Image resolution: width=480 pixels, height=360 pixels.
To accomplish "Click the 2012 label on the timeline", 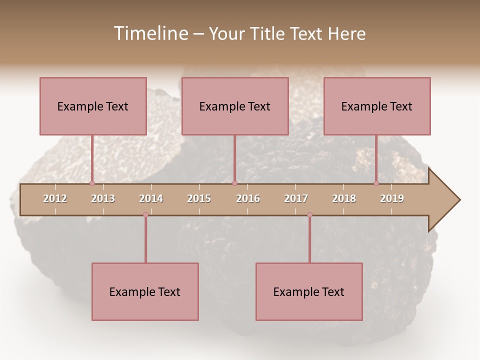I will pyautogui.click(x=55, y=198).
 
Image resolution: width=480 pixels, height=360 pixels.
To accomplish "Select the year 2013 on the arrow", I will pyautogui.click(x=103, y=198).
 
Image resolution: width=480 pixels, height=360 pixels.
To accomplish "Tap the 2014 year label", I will pyautogui.click(x=151, y=198).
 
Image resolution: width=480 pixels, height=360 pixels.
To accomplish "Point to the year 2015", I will pyautogui.click(x=199, y=198).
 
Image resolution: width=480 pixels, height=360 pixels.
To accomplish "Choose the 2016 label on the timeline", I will pyautogui.click(x=248, y=198).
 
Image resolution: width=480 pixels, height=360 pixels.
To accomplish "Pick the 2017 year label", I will pyautogui.click(x=296, y=198).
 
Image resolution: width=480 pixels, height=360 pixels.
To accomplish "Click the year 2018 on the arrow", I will pyautogui.click(x=344, y=198).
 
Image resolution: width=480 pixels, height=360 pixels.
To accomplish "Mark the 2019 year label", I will pyautogui.click(x=392, y=198).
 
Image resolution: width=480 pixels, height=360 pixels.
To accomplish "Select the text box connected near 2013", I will pyautogui.click(x=93, y=106).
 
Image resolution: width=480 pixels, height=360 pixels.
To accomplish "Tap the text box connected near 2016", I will pyautogui.click(x=235, y=106).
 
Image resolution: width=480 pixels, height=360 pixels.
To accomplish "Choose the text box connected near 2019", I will pyautogui.click(x=377, y=106).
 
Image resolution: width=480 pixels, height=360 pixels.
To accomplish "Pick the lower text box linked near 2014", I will pyautogui.click(x=145, y=291).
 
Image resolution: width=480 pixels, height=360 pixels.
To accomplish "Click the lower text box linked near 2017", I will pyautogui.click(x=309, y=291).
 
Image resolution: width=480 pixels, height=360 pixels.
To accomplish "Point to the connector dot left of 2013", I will pyautogui.click(x=92, y=183).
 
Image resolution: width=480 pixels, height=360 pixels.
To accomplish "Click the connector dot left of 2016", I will pyautogui.click(x=234, y=183).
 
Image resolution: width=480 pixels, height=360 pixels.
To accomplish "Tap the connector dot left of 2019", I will pyautogui.click(x=376, y=183).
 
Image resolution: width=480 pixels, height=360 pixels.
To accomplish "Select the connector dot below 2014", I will pyautogui.click(x=145, y=215).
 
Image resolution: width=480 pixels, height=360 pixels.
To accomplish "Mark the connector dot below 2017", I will pyautogui.click(x=309, y=215).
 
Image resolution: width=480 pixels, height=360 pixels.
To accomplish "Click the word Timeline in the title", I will pyautogui.click(x=150, y=33).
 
